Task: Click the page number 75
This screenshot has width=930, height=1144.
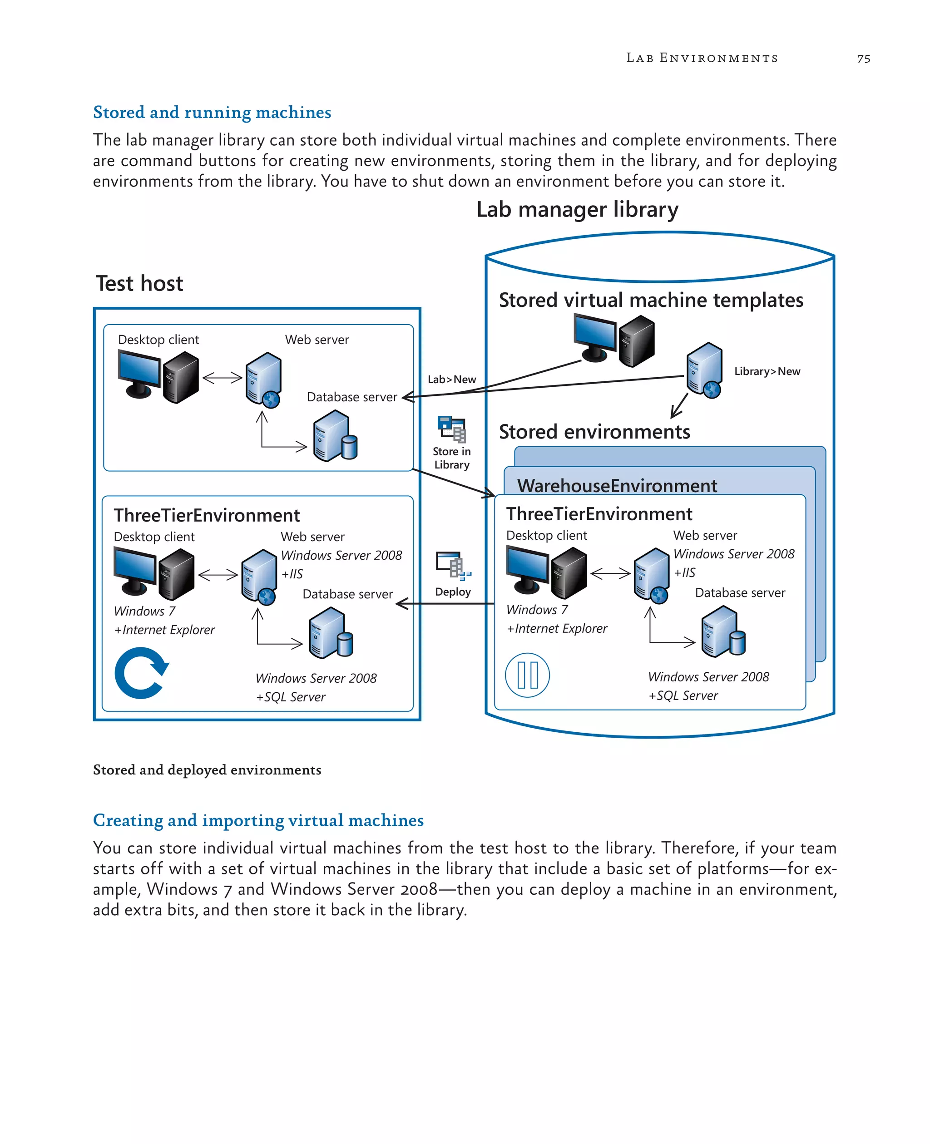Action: tap(863, 59)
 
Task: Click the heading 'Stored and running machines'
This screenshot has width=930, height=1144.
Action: tap(212, 113)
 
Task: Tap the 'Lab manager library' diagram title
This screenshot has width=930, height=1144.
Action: tap(577, 209)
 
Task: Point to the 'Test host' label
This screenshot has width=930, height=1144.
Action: tap(139, 283)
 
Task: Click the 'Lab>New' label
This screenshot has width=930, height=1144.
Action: tap(452, 379)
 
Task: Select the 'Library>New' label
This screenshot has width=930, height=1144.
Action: tap(767, 371)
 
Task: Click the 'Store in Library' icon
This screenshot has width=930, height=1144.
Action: tap(452, 429)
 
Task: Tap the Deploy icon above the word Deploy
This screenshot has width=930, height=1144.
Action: tap(453, 566)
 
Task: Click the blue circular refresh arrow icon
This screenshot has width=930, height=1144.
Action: tap(141, 673)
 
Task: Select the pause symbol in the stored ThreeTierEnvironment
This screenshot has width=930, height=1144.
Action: tap(527, 675)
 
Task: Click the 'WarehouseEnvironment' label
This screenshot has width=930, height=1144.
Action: tap(617, 485)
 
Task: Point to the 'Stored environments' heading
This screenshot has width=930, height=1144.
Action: tap(594, 432)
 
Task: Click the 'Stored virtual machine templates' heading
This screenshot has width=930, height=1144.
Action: tap(650, 300)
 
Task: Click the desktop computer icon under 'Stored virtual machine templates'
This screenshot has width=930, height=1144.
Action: tap(614, 340)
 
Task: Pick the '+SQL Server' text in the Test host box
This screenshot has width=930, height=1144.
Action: tap(291, 697)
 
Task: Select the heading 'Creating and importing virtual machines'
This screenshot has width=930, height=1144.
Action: tap(258, 820)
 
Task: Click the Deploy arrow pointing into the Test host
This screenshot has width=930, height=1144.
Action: tap(445, 604)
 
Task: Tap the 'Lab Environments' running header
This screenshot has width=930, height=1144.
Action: tap(702, 58)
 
